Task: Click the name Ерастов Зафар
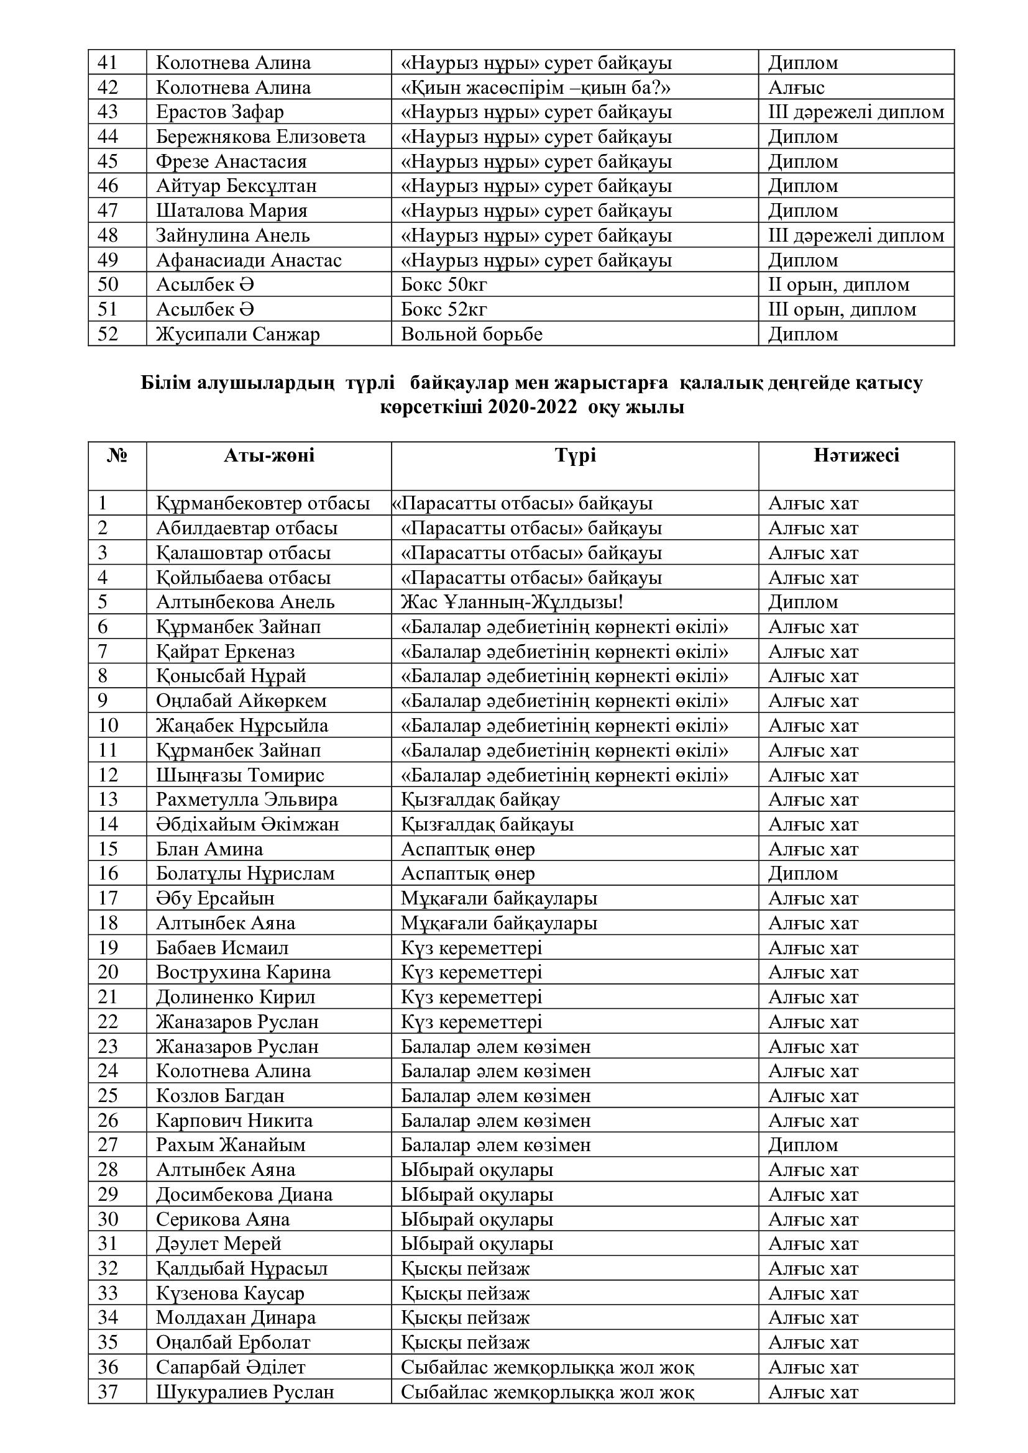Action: click(219, 112)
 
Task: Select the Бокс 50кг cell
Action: click(444, 285)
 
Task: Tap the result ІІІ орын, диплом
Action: click(842, 309)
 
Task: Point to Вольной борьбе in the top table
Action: click(472, 334)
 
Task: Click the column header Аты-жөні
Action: click(268, 455)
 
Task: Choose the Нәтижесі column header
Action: click(856, 455)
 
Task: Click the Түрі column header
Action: click(575, 455)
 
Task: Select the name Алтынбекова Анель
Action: click(245, 602)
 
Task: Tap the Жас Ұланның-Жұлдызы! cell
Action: click(512, 602)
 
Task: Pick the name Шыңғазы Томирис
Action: click(240, 775)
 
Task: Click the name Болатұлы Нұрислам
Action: click(245, 874)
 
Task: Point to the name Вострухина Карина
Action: click(243, 973)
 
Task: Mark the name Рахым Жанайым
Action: click(231, 1146)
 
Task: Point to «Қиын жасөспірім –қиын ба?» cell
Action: click(536, 88)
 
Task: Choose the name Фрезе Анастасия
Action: click(231, 162)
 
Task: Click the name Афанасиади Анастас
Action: click(249, 260)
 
